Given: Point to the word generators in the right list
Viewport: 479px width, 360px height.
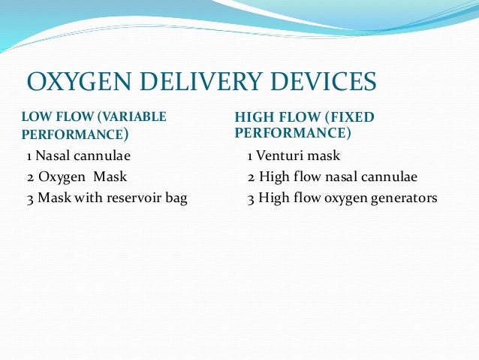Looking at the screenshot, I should [x=405, y=199].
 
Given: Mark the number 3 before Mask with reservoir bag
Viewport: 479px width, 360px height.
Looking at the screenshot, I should [x=29, y=199].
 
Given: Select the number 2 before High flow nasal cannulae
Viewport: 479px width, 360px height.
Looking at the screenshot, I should [x=250, y=178].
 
